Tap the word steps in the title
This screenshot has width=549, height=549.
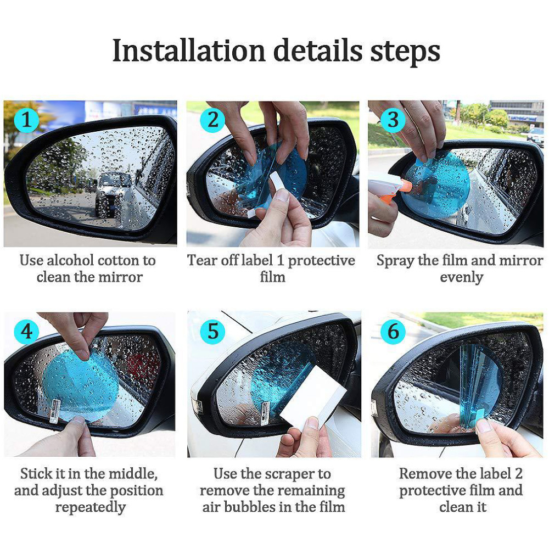click(x=404, y=51)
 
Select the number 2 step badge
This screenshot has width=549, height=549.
click(x=211, y=120)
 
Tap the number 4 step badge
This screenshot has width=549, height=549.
click(x=27, y=332)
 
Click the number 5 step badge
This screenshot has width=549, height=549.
click(x=212, y=332)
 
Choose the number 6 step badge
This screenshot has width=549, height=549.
click(x=393, y=332)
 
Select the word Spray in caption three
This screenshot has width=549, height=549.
click(x=395, y=260)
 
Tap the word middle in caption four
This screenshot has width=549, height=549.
click(x=133, y=473)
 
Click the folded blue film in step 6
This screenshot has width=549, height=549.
click(x=478, y=384)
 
